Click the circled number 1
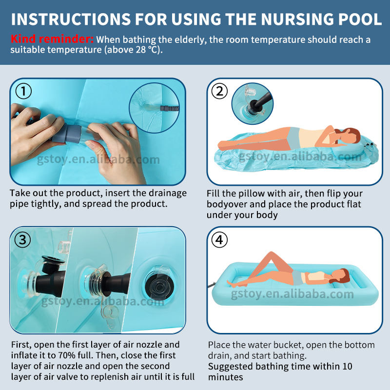tap(23, 91)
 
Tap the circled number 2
tap(219, 91)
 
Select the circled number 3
tap(22, 240)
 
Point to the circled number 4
tap(219, 240)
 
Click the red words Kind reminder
tap(52, 39)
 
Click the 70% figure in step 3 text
tap(67, 355)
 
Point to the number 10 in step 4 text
tap(348, 367)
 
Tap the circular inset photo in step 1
tap(154, 108)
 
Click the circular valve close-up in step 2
tap(253, 103)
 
